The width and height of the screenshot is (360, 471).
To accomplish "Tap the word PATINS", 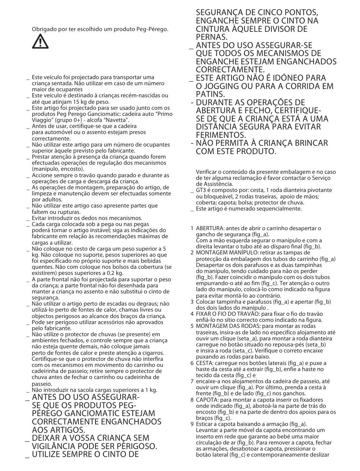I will (x=211, y=94).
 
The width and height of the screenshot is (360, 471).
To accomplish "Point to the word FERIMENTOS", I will (x=221, y=135).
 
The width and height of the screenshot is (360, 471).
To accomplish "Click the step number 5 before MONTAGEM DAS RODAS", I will (x=192, y=326).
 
